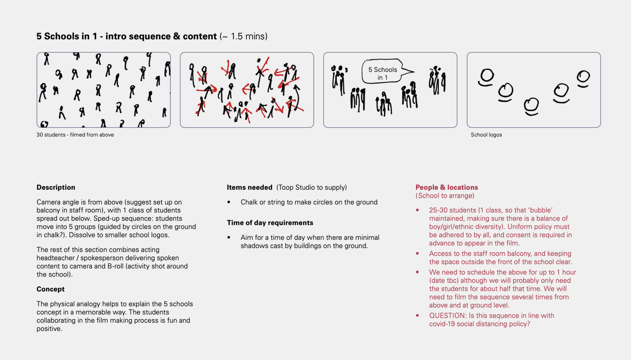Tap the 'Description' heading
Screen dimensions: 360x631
[x=56, y=187]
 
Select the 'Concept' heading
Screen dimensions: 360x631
[x=50, y=289]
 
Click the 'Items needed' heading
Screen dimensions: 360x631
[x=249, y=187]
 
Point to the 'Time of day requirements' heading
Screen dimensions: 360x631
[x=270, y=223]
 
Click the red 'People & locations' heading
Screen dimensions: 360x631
[x=447, y=187]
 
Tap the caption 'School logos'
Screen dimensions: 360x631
[x=486, y=135]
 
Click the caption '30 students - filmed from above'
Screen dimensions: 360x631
[x=75, y=135]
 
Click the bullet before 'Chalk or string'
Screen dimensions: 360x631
[x=229, y=203]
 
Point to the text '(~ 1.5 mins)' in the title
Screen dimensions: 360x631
[x=243, y=36]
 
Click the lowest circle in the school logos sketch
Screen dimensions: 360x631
[x=532, y=105]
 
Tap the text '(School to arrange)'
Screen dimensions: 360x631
[x=445, y=196]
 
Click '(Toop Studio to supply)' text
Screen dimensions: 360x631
[x=311, y=187]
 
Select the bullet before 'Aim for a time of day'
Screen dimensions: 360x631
[x=229, y=238]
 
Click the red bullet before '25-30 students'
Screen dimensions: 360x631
[x=417, y=210]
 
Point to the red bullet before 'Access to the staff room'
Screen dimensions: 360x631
[x=417, y=253]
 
